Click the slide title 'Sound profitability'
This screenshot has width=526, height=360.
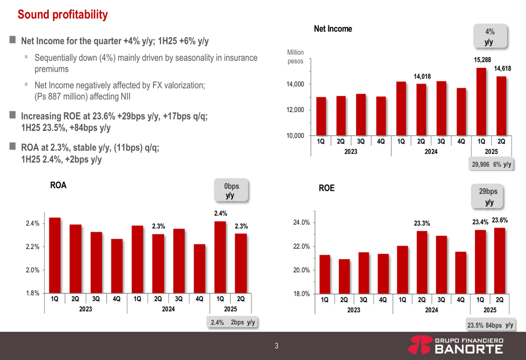[63, 15]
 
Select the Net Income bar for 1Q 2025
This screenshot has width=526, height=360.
[481, 101]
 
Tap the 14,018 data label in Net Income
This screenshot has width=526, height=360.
[422, 77]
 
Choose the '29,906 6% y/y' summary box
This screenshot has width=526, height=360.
[491, 164]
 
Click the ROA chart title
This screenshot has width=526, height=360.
[58, 186]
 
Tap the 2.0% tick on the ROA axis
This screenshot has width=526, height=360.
[33, 270]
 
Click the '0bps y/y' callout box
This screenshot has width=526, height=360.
[230, 191]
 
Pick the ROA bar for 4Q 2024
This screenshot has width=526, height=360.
[199, 268]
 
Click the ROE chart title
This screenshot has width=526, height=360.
[327, 188]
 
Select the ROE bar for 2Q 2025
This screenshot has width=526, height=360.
[500, 260]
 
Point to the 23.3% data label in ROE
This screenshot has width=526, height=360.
[422, 223]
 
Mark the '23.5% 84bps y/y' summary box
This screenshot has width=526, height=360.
[490, 325]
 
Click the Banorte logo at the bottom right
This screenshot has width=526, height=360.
[456, 346]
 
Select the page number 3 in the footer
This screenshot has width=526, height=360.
[276, 346]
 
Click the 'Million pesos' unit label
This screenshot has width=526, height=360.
[295, 57]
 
